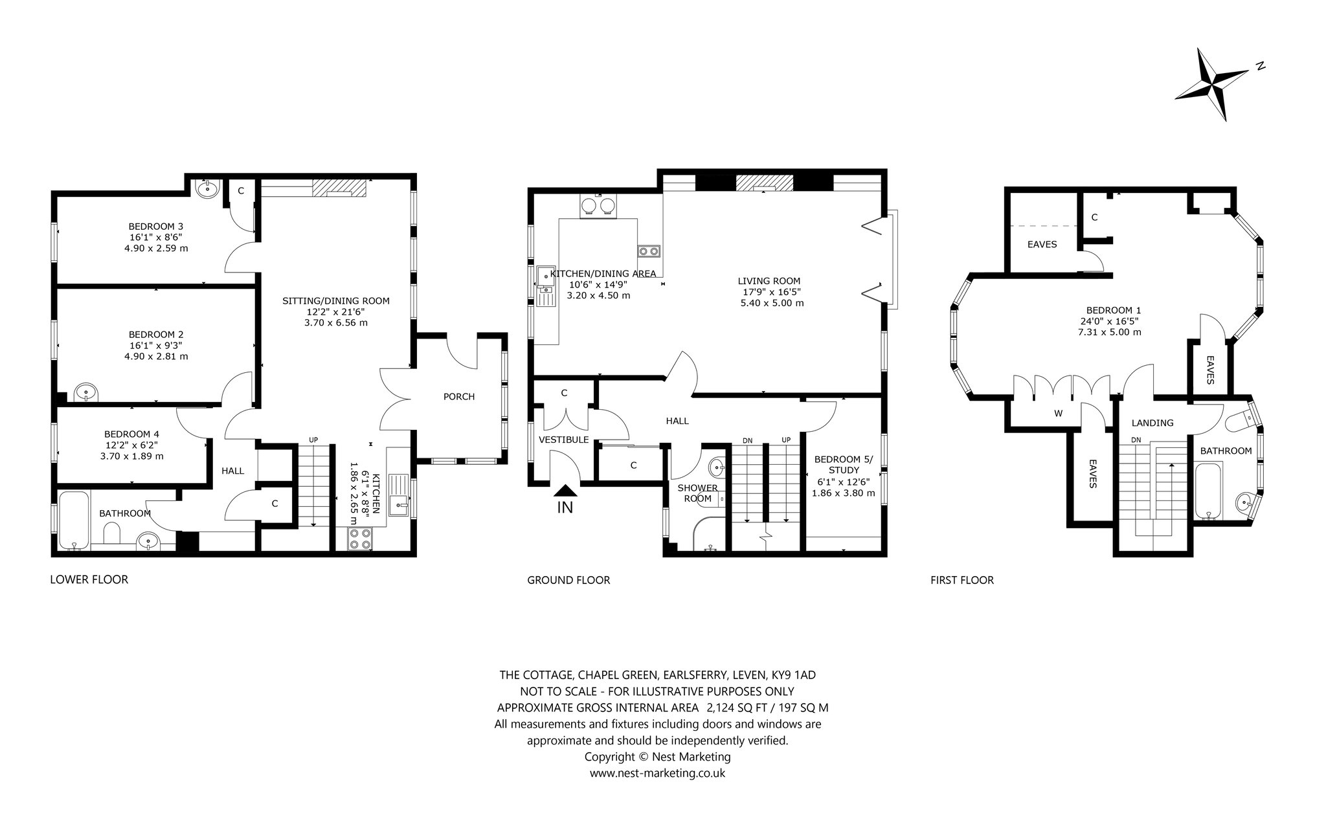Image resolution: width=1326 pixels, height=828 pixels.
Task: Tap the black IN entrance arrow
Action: [565, 493]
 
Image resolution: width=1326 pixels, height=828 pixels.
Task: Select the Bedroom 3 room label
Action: [155, 226]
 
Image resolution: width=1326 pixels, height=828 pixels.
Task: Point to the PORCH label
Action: [459, 397]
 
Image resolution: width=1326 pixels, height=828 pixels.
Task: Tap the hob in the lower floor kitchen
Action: [360, 539]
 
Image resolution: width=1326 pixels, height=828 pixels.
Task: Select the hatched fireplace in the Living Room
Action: [765, 183]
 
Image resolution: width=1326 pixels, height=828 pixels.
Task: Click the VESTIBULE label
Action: [564, 440]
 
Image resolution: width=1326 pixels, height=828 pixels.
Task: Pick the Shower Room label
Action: [697, 493]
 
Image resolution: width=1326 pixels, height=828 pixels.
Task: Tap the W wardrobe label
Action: [1058, 413]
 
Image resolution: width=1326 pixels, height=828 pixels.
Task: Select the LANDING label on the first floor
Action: [1152, 423]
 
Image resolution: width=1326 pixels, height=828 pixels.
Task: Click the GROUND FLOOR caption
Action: [568, 580]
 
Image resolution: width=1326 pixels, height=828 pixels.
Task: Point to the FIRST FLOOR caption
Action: [962, 580]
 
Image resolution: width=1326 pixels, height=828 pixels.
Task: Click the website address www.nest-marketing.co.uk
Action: [657, 773]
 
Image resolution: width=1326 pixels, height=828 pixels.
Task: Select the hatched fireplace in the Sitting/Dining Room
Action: [339, 187]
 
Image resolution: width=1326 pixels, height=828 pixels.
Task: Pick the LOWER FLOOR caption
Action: [89, 579]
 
